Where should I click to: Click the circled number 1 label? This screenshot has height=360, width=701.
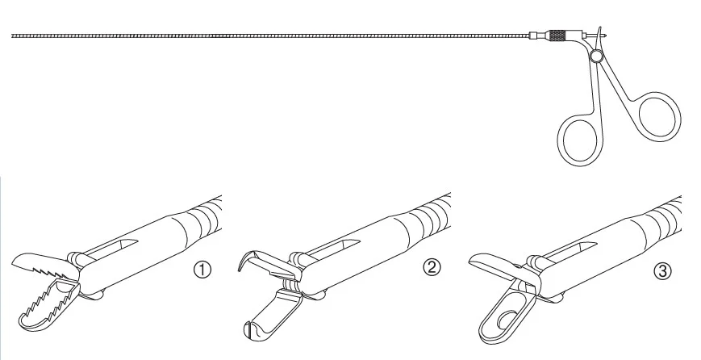tap(202, 270)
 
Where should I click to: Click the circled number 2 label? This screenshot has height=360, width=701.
tap(432, 267)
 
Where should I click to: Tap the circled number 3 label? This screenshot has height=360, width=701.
tap(662, 271)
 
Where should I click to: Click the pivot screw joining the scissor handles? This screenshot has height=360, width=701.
tap(595, 56)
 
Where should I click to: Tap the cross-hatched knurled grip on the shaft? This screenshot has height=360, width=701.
tap(557, 36)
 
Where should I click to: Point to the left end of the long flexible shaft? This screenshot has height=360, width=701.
tap(12, 36)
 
